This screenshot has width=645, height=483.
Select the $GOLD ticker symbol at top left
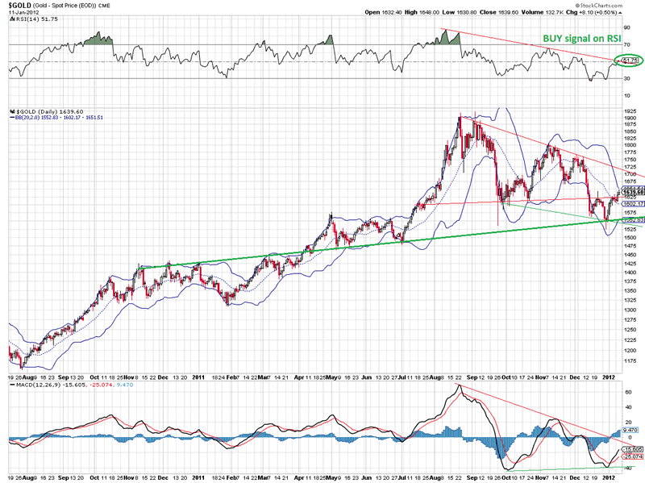20,5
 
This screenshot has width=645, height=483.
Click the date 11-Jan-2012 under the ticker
22,12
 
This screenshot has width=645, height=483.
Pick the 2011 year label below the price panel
198,377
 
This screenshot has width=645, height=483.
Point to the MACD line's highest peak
459,387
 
